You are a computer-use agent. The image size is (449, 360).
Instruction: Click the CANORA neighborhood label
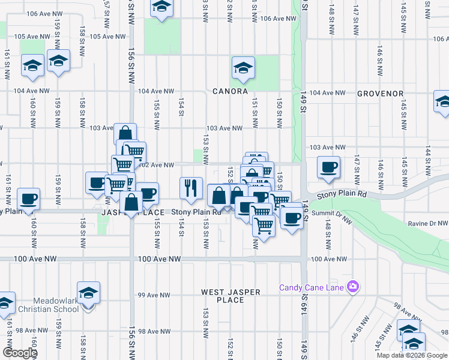(230, 92)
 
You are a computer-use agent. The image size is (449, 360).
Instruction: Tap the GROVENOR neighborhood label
(380, 94)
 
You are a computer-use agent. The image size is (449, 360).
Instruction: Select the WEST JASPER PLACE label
(231, 296)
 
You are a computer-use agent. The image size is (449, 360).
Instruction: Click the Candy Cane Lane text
(311, 287)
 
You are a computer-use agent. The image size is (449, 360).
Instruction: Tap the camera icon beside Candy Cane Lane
(354, 287)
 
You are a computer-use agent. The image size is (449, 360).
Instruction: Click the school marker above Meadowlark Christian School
(89, 293)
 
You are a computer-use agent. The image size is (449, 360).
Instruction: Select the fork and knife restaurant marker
(191, 187)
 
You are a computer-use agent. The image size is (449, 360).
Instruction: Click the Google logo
(20, 353)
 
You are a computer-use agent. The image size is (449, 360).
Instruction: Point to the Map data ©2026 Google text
(412, 355)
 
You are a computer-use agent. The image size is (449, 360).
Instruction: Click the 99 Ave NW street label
(154, 295)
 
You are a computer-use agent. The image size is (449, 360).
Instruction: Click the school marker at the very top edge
(161, 7)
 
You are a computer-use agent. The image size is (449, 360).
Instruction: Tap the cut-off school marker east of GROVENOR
(443, 101)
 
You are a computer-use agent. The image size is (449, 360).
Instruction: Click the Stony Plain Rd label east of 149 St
(342, 194)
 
